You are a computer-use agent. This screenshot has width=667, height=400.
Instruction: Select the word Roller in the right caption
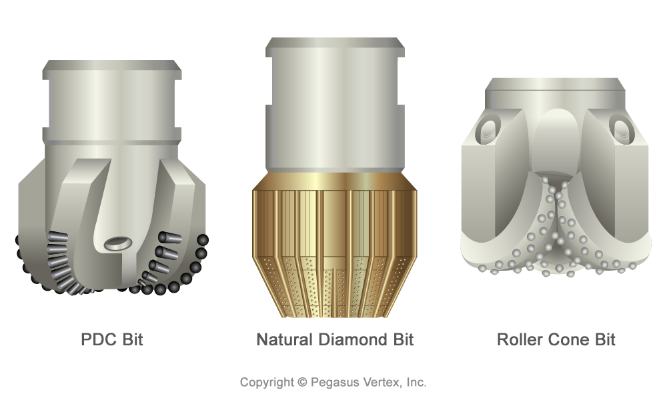pos(520,339)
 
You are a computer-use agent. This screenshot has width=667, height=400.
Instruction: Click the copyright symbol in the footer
pos(302,382)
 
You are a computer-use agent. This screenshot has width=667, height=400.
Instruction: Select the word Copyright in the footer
pos(267,383)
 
